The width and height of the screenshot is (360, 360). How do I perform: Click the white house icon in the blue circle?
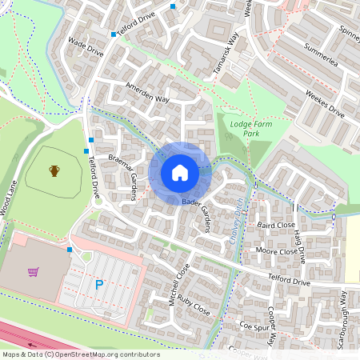(x=180, y=173)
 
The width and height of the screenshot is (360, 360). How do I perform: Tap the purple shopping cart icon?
(x=34, y=272)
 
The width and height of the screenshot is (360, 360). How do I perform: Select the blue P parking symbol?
(x=99, y=284)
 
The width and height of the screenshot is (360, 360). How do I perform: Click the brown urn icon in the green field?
(x=54, y=170)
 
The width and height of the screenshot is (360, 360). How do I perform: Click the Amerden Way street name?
(x=147, y=93)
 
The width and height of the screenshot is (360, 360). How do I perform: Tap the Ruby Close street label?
(x=194, y=306)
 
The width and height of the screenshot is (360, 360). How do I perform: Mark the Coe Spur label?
(x=255, y=326)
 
